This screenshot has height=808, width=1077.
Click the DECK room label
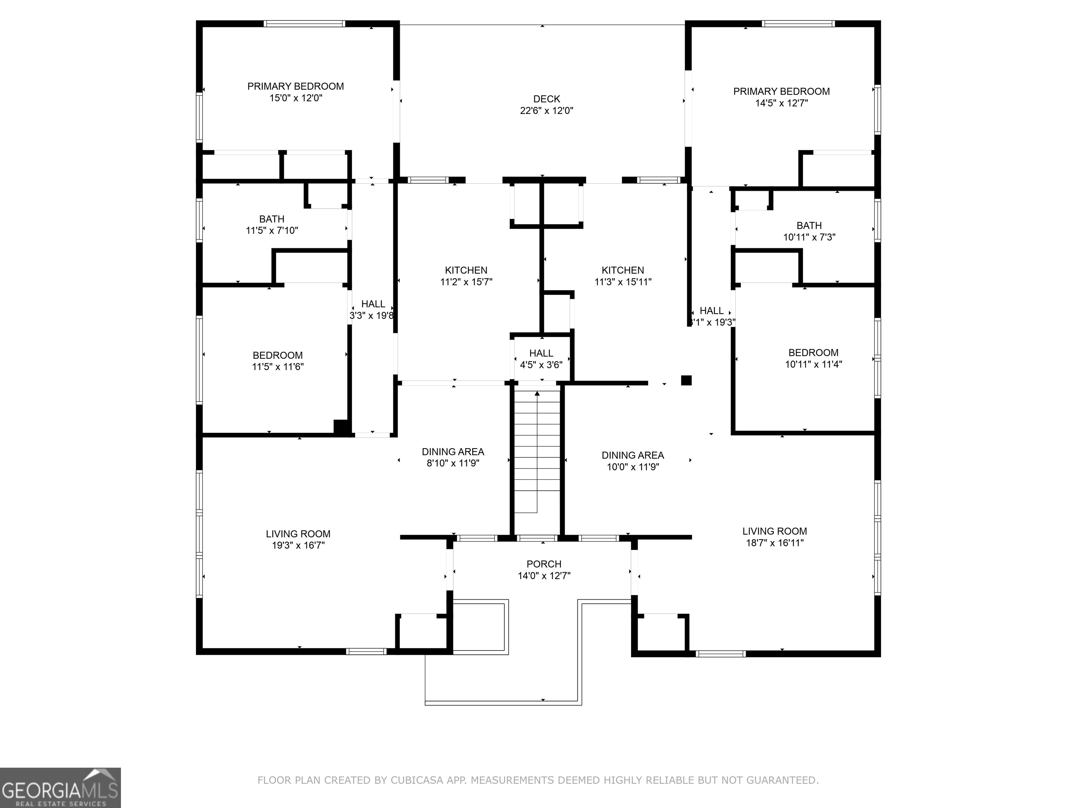coord(546,99)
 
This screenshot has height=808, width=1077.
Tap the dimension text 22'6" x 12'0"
coord(546,110)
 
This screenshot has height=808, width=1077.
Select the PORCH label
coord(544,564)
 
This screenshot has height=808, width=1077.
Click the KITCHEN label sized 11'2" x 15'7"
coord(466,270)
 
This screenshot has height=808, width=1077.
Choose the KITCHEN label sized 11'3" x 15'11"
coord(623,270)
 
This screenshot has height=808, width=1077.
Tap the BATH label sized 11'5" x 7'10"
coord(272,219)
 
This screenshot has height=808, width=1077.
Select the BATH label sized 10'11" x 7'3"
coord(809,225)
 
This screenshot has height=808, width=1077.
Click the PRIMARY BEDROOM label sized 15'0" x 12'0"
coord(296,86)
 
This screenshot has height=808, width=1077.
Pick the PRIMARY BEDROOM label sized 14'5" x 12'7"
coord(781,92)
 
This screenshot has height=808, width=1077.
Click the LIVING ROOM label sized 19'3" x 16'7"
coord(298,534)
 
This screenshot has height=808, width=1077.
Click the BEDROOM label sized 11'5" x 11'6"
coord(278,356)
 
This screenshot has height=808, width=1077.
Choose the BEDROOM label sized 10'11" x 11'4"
coord(813,352)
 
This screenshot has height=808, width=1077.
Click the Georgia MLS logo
coord(60,788)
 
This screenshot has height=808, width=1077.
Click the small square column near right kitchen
coord(686,381)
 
